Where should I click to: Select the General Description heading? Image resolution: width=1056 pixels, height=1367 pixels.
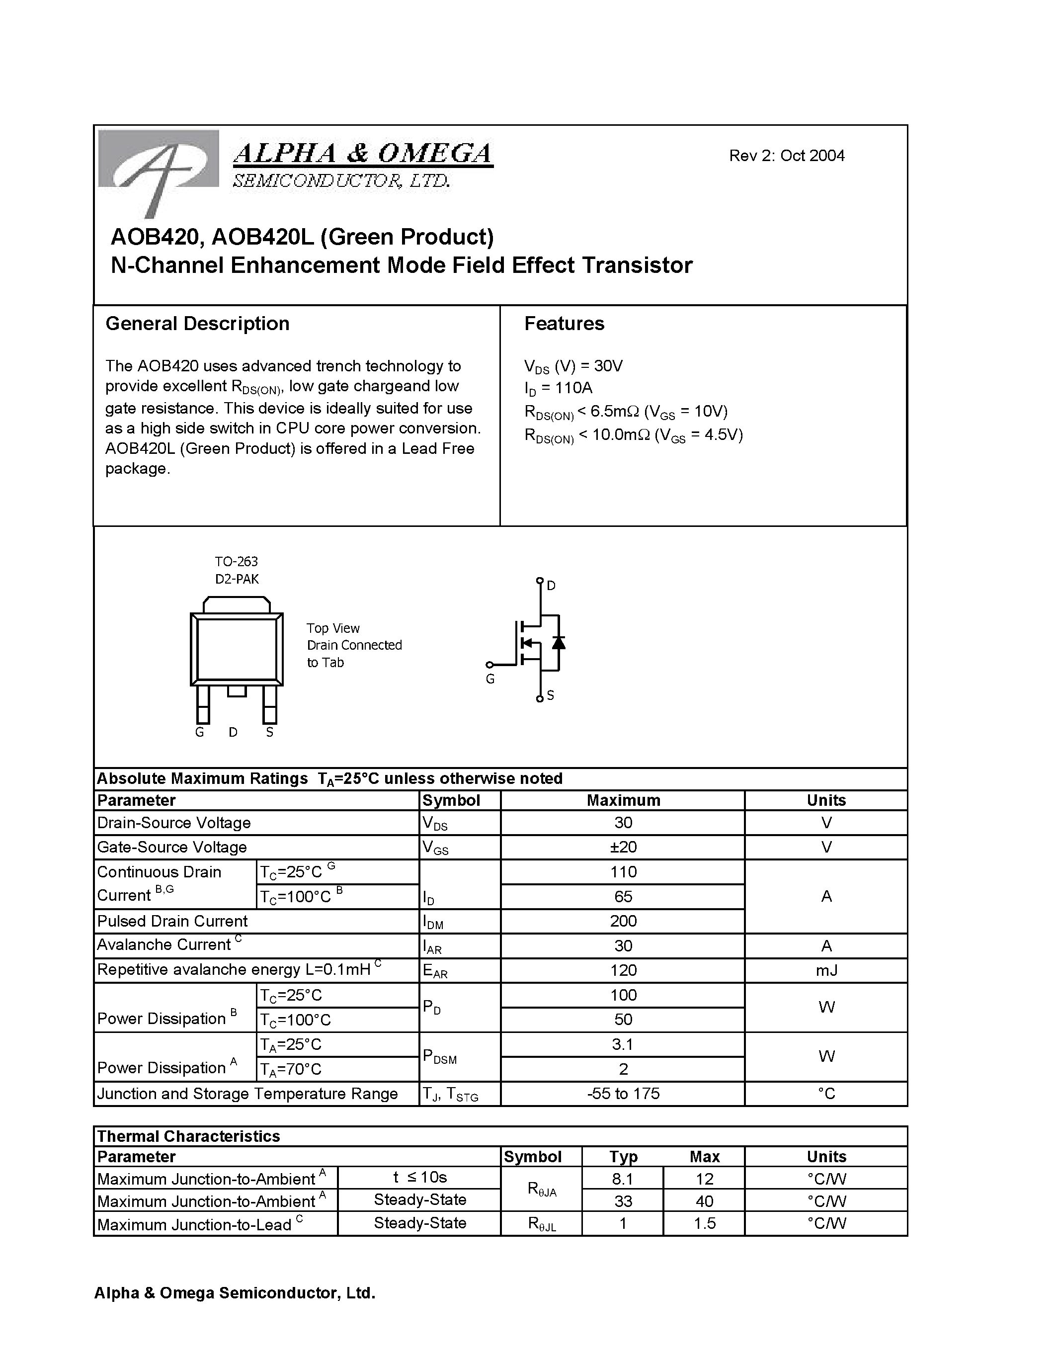(197, 324)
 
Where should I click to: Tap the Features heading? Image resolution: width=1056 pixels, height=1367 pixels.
(564, 324)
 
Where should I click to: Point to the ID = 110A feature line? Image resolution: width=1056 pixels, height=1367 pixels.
(558, 388)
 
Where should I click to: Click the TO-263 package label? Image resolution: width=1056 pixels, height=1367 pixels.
(237, 561)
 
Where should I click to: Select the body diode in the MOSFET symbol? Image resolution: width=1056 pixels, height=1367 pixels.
(558, 642)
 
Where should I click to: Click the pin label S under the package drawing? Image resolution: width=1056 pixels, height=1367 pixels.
(270, 732)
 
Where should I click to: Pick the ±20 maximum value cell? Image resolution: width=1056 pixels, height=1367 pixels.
(623, 848)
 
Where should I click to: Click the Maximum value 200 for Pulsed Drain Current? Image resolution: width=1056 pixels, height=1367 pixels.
(623, 921)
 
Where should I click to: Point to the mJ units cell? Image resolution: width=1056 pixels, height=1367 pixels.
(826, 971)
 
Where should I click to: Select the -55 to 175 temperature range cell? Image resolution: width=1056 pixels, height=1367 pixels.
(623, 1094)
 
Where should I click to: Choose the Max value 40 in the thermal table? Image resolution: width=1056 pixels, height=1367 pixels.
(705, 1201)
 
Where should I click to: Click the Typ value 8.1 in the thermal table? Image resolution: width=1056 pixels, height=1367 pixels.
(623, 1179)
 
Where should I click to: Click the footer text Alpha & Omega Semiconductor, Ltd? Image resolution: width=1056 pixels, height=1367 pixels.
(235, 1293)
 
